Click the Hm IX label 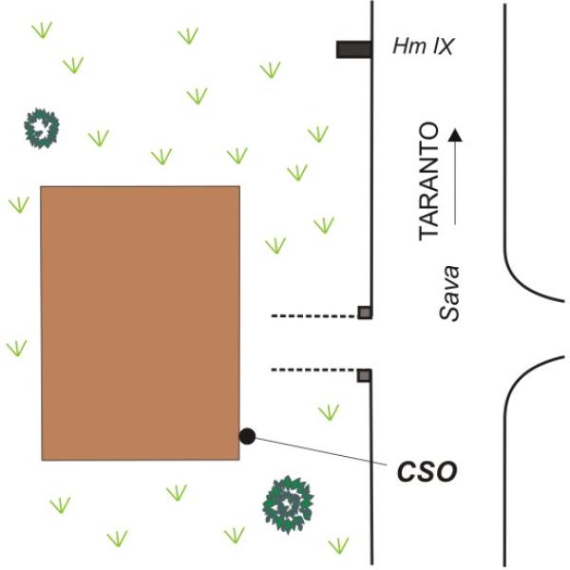pos(423,47)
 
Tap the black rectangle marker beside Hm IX pos(353,49)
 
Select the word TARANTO pos(428,181)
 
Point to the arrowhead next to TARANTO pos(455,135)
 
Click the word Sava pos(449,294)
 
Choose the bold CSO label pos(427,471)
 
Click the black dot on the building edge pos(247,436)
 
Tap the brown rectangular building pos(141,323)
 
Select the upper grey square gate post pos(364,313)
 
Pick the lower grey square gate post pos(364,375)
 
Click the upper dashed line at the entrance pos(314,316)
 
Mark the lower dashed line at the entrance pos(314,370)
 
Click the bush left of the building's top pos(42,128)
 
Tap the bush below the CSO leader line pos(288,504)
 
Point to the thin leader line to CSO pos(321,451)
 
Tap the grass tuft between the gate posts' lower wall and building pos(329,412)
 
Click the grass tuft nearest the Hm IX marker pos(271,69)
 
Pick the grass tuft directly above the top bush pos(42,29)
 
